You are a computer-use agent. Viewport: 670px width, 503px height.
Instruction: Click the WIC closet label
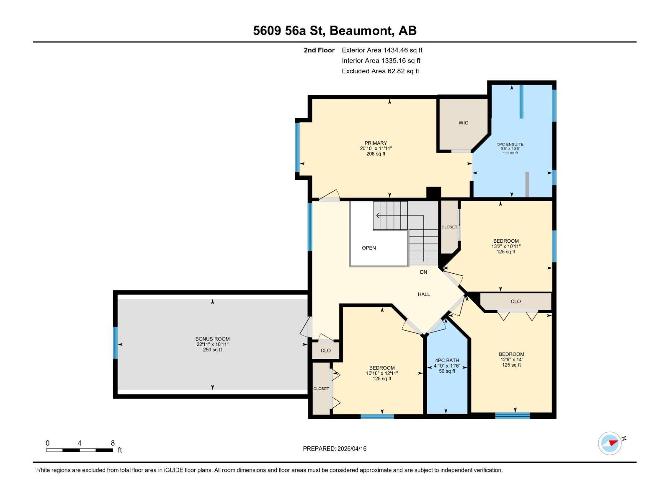(463, 123)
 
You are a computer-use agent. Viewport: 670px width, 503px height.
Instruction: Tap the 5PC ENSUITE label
(510, 144)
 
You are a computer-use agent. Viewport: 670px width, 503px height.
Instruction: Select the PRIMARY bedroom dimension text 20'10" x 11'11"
(376, 148)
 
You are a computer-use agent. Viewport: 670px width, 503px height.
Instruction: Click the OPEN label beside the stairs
(368, 248)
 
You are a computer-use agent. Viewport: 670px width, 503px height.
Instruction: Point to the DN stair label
(423, 272)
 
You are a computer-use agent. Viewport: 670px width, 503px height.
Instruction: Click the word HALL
(424, 294)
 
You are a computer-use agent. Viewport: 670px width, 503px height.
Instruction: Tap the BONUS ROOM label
(212, 339)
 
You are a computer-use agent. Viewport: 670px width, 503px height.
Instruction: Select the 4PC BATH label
(447, 360)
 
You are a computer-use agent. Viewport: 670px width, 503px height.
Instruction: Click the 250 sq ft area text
(212, 350)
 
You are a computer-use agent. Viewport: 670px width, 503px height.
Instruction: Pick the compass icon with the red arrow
(610, 443)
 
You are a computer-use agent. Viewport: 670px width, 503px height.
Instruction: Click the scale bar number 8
(113, 443)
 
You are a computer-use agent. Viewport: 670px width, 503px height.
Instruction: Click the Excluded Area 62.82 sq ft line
(380, 71)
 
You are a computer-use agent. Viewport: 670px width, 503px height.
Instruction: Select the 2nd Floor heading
(319, 50)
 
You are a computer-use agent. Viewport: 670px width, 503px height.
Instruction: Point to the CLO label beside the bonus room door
(325, 350)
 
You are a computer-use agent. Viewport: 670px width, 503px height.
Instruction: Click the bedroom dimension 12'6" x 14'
(511, 360)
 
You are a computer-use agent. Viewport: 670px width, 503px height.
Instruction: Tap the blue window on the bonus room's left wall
(116, 343)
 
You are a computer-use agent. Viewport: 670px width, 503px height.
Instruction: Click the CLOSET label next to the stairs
(449, 227)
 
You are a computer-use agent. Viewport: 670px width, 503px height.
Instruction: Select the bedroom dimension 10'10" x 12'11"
(381, 373)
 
